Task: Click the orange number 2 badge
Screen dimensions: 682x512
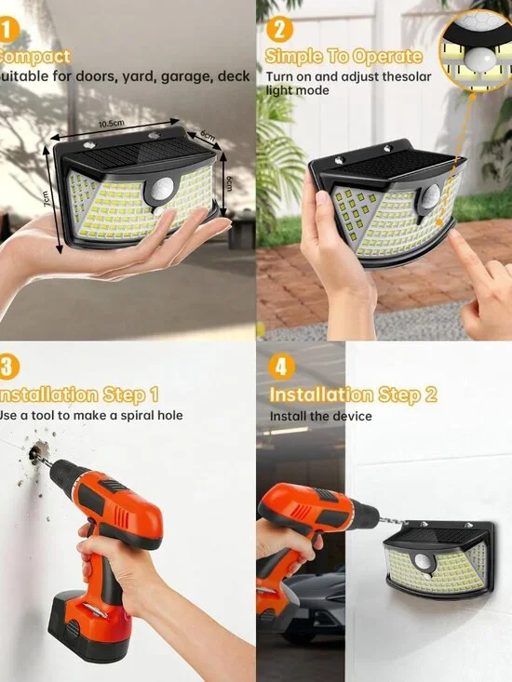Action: click(x=276, y=31)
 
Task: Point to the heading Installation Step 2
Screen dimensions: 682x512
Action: click(x=353, y=394)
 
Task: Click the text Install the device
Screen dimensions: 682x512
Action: click(x=320, y=416)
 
